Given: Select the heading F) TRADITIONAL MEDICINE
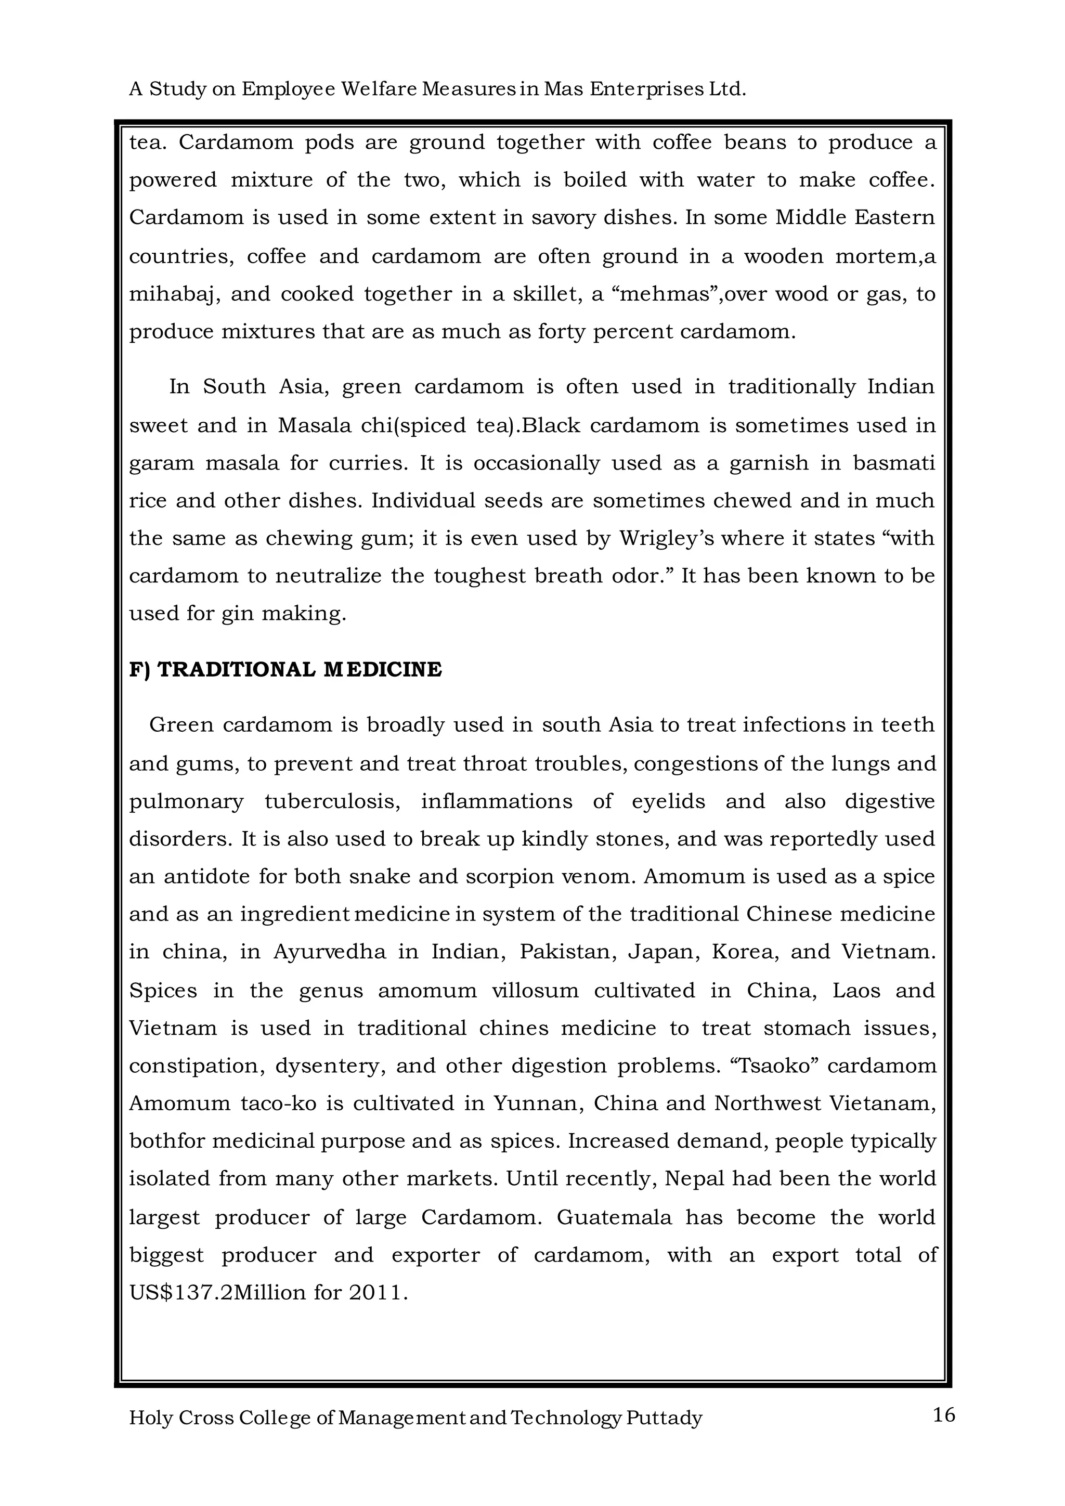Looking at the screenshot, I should [285, 670].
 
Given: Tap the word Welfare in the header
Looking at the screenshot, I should [380, 89].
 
